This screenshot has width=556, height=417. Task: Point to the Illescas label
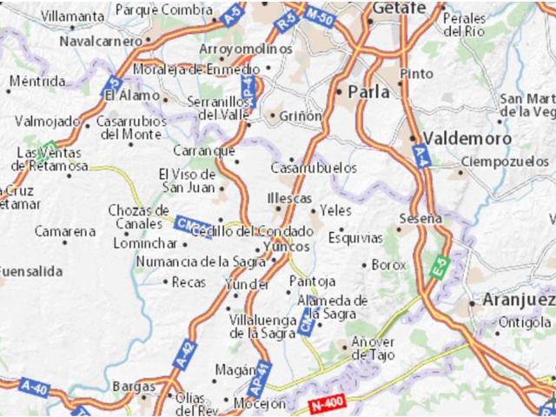[289, 197]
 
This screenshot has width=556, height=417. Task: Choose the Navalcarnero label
[101, 41]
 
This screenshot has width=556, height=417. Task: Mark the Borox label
[388, 264]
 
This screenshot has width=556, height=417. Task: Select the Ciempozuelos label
[507, 162]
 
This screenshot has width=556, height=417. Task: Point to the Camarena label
[65, 232]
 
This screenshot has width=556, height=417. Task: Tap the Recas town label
[189, 281]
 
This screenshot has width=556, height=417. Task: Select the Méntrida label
[37, 83]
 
